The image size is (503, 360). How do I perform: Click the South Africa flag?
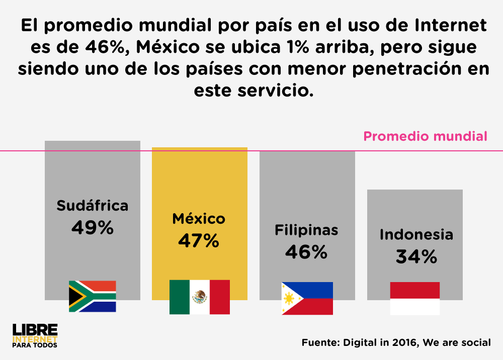point(93,296)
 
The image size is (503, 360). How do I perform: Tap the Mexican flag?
point(200,297)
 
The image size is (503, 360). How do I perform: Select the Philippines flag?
point(307,298)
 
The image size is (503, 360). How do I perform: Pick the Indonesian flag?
point(415,298)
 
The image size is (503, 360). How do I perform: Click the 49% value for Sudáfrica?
point(93,228)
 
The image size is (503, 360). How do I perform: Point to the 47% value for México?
point(199,241)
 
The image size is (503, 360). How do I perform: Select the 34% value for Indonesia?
point(416,256)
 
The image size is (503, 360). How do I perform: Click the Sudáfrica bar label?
point(93,206)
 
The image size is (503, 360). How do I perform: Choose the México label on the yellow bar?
point(199,219)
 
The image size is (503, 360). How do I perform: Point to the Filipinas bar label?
point(306,230)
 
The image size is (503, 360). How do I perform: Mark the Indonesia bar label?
point(416,235)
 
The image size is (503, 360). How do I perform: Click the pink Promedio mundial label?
point(425,136)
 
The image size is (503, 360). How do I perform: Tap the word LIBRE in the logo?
point(35,329)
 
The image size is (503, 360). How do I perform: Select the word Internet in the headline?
point(450,25)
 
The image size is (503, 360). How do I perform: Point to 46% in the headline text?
point(105,47)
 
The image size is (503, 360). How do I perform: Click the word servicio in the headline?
point(275,90)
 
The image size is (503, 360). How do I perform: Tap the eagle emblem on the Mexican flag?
point(200,297)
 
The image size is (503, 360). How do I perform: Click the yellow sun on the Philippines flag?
point(289,299)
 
